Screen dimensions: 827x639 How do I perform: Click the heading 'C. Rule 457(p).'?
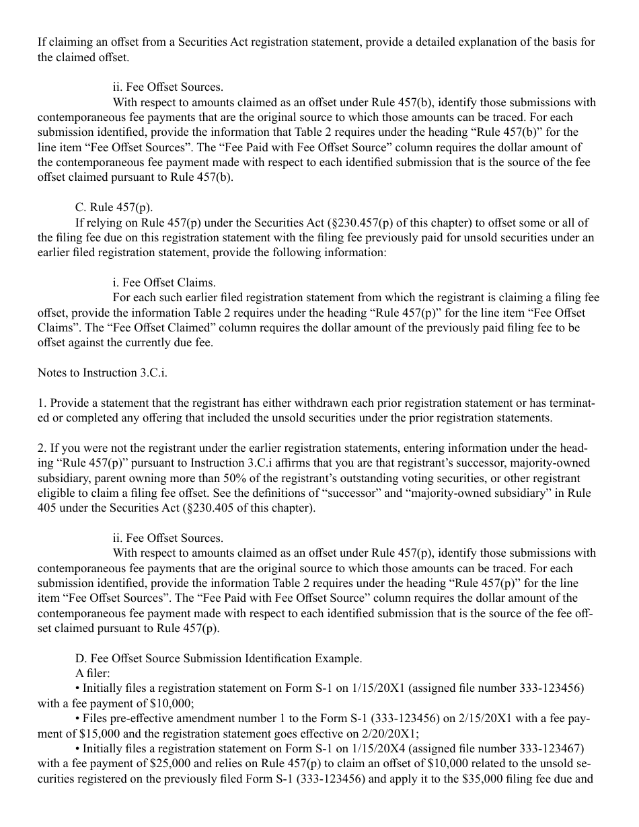tap(114, 208)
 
